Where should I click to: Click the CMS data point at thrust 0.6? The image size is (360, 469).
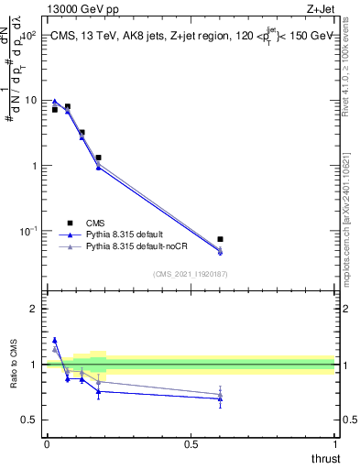coord(220,239)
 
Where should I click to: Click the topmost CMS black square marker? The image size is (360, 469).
coord(67,106)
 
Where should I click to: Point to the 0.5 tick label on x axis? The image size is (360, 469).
coord(191,444)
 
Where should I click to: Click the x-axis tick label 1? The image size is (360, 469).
coord(335,444)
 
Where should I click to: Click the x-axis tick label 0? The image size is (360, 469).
coord(47,444)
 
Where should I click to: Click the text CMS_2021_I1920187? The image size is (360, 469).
coord(190,273)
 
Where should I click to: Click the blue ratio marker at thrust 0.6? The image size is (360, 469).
coord(220,398)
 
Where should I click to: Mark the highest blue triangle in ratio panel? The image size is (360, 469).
coord(55,340)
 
